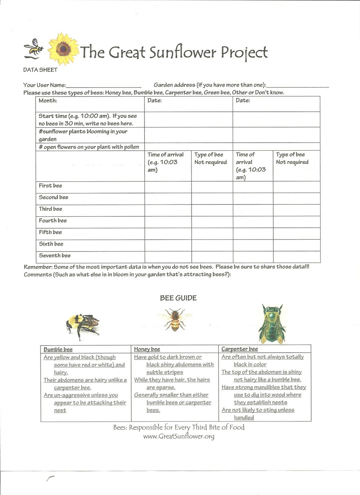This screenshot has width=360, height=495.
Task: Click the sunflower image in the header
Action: click(x=63, y=49)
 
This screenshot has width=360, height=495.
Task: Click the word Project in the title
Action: click(x=244, y=53)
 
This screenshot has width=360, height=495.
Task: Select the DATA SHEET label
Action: click(x=40, y=70)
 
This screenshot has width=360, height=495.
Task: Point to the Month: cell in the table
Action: click(x=48, y=101)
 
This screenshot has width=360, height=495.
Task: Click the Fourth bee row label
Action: click(x=53, y=221)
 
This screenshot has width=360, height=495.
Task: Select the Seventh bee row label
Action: click(x=55, y=256)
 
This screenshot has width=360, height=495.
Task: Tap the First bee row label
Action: click(x=50, y=186)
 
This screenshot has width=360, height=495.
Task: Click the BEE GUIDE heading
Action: click(x=178, y=298)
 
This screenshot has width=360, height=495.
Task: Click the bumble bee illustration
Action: click(x=82, y=326)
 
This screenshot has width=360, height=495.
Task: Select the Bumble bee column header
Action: click(x=58, y=349)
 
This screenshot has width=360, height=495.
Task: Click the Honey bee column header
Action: click(x=147, y=349)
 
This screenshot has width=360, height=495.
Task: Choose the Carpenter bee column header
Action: click(x=240, y=349)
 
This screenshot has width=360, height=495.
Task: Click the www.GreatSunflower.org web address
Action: click(x=179, y=436)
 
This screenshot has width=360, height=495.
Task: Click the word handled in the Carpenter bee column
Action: click(x=244, y=418)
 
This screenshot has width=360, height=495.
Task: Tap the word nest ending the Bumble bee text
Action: click(x=60, y=411)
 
